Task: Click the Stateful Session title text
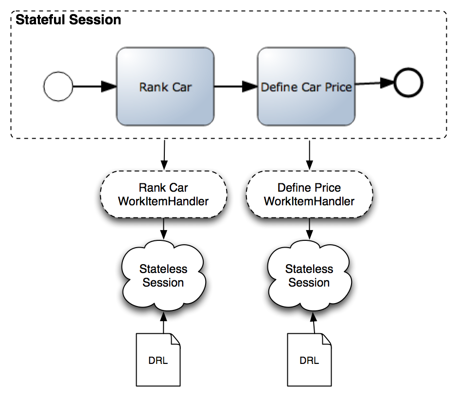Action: [x=68, y=20]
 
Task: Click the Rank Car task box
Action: [x=165, y=87]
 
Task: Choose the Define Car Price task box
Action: [x=306, y=87]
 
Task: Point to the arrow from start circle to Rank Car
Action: [x=95, y=86]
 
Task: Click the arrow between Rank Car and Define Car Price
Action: [x=236, y=86]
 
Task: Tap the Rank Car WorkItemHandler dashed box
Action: [x=163, y=194]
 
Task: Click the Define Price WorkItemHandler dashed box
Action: [x=309, y=194]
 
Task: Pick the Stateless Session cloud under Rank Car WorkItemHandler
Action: [x=163, y=276]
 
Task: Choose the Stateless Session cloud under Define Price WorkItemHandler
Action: [x=309, y=276]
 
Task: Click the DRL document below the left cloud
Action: [x=158, y=360]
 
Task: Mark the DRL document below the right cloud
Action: [x=309, y=360]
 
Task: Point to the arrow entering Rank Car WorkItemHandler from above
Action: [x=164, y=155]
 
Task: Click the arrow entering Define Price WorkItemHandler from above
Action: [x=310, y=155]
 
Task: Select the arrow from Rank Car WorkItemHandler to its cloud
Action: [x=164, y=229]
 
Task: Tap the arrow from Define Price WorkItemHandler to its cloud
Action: [x=310, y=229]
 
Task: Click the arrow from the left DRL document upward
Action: [x=163, y=323]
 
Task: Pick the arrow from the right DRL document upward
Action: [x=314, y=323]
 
